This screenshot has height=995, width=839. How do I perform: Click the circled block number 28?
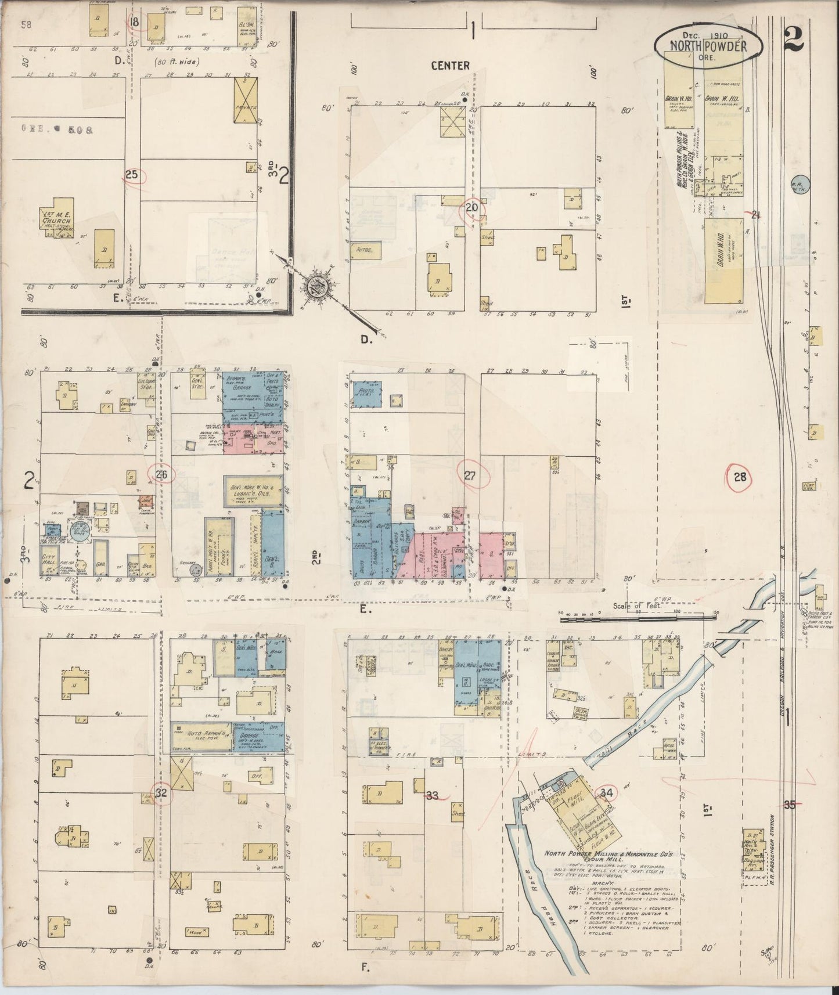739,477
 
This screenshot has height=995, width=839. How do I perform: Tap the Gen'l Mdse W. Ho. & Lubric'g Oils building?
254,489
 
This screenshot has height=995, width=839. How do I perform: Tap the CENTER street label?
450,66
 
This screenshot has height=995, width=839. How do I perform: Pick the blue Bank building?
273,654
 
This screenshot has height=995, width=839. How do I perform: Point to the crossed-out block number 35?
789,805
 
